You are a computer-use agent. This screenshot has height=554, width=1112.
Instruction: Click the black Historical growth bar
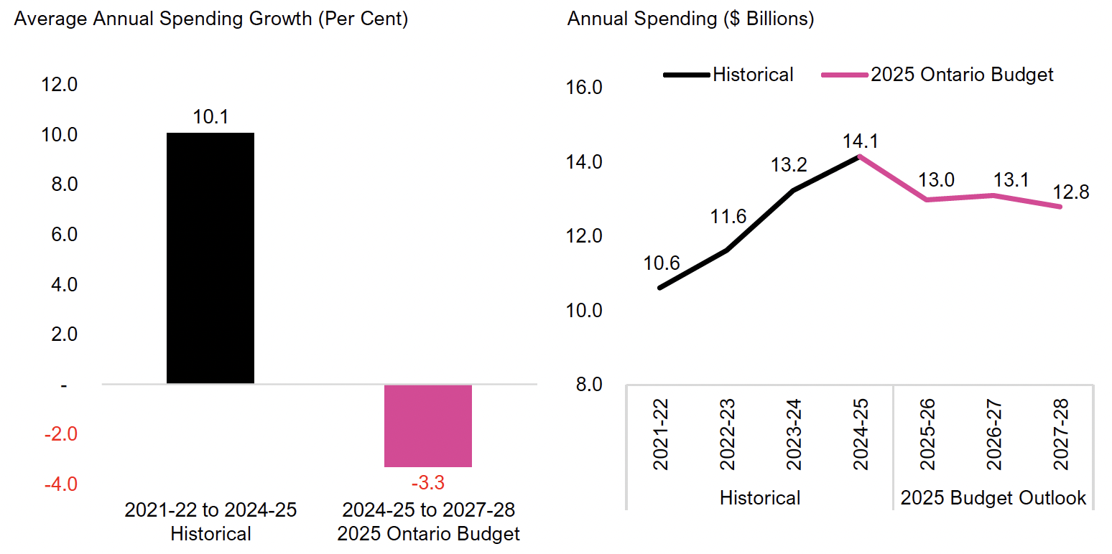[210, 258]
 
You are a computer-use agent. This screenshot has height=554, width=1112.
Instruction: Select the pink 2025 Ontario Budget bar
[428, 426]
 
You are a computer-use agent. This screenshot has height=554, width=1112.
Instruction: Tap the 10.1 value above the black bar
[210, 117]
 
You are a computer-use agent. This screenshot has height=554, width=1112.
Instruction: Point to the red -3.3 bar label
[428, 482]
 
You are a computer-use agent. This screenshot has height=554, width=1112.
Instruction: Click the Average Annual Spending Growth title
[211, 19]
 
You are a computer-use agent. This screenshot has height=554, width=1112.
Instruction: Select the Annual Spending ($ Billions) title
[690, 19]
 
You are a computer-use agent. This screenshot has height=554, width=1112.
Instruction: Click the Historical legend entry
[752, 75]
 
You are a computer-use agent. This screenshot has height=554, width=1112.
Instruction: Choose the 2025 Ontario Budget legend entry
[962, 75]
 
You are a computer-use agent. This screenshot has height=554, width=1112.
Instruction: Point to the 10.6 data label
[662, 263]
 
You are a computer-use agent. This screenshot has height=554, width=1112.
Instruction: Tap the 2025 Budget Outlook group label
[993, 498]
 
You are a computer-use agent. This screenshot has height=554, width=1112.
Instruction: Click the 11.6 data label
[728, 216]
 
